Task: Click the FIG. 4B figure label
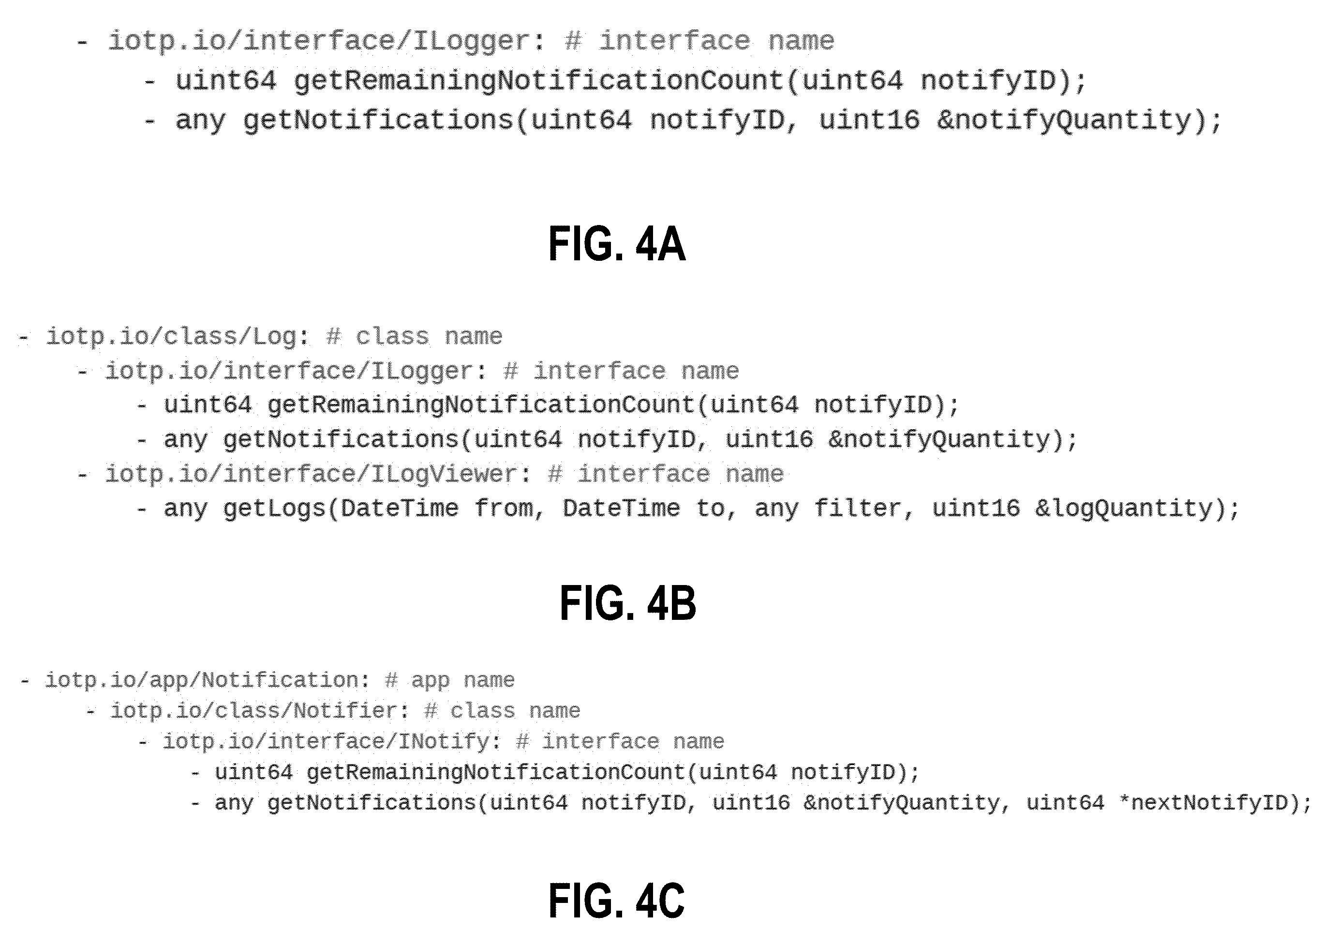point(628,603)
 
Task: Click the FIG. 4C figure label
point(616,901)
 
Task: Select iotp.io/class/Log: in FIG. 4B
point(178,336)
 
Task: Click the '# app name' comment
point(450,680)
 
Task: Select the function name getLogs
point(274,509)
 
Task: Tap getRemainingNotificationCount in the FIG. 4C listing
point(495,772)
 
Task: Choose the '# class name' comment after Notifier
point(502,711)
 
